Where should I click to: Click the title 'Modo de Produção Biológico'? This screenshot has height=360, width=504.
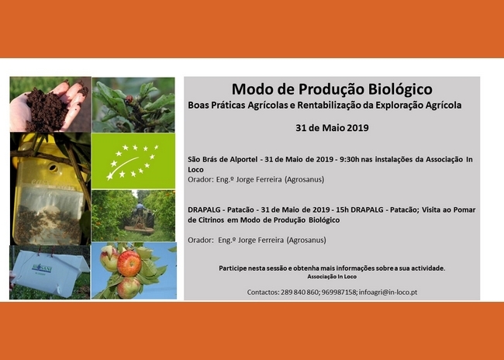[x=332, y=89]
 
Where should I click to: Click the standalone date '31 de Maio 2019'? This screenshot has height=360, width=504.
[x=332, y=128]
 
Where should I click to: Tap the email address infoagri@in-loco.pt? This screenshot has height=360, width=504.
[x=388, y=292]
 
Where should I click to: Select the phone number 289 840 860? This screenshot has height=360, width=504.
[x=299, y=292]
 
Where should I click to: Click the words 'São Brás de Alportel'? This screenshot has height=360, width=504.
[x=223, y=159]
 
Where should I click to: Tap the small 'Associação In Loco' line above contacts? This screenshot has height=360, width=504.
[x=332, y=277]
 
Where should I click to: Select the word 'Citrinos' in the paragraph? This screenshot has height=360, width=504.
[x=211, y=220]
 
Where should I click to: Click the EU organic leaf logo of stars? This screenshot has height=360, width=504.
[x=133, y=162]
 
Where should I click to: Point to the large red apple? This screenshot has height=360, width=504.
[x=129, y=263]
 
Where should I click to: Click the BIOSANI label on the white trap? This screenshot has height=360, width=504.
[x=42, y=268]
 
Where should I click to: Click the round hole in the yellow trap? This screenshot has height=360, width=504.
[x=53, y=168]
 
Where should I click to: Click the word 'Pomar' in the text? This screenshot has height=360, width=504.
[x=464, y=209]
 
